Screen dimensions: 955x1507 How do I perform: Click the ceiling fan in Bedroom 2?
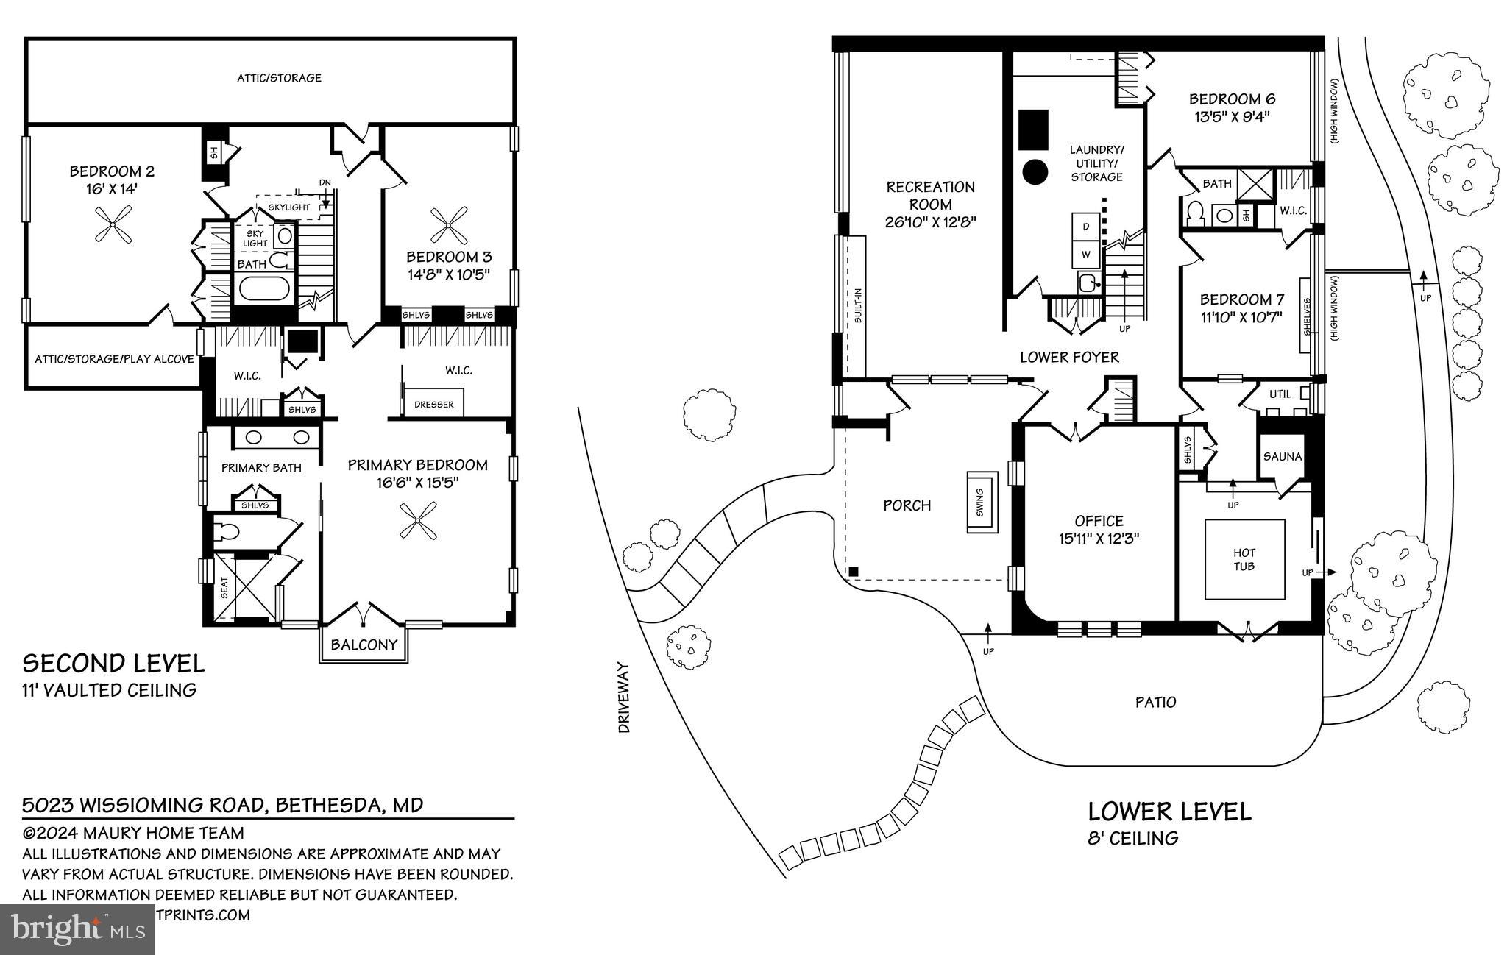click(x=114, y=224)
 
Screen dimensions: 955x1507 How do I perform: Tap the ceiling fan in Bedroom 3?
click(x=448, y=225)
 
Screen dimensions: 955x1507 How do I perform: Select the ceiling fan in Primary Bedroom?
click(x=417, y=521)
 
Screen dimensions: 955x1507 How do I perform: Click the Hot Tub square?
click(x=1244, y=560)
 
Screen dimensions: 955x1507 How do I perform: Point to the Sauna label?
click(x=1283, y=456)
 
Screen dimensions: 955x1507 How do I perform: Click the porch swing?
click(x=979, y=502)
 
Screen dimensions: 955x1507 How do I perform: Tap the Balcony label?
click(x=364, y=645)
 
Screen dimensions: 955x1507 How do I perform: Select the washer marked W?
click(x=1085, y=255)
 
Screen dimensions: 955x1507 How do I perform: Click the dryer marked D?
click(x=1085, y=227)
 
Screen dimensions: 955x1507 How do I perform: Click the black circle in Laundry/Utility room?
click(x=1035, y=172)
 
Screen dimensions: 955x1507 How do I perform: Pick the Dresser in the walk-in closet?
click(x=434, y=404)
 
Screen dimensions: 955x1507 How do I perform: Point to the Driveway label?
click(x=625, y=697)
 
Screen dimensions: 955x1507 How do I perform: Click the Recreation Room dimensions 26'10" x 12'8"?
click(x=931, y=222)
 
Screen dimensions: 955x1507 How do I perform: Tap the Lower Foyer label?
click(x=1069, y=358)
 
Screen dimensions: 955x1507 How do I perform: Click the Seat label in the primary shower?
click(x=224, y=586)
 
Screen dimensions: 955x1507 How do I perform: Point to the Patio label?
click(x=1155, y=702)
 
